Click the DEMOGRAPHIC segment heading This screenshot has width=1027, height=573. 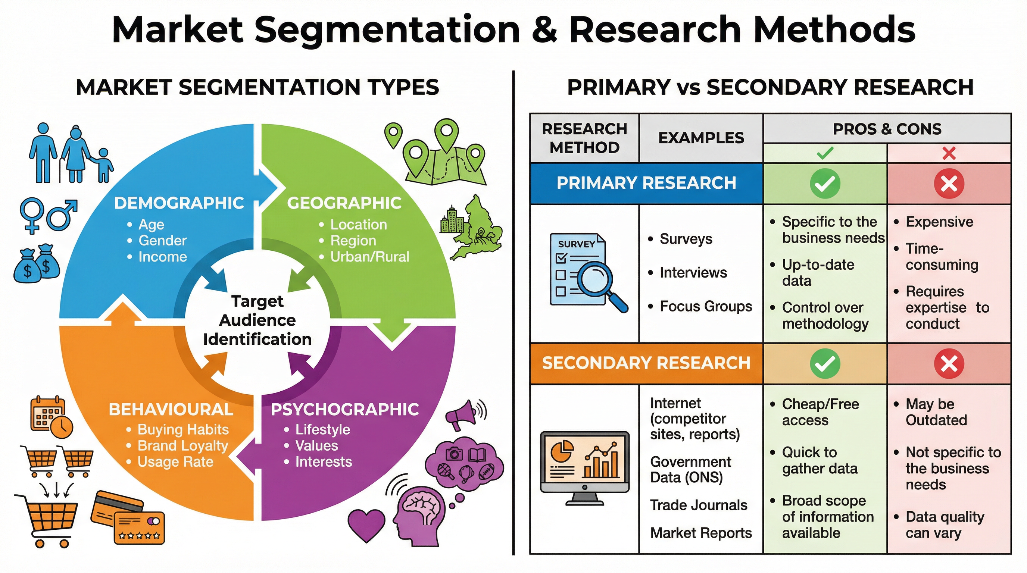179,203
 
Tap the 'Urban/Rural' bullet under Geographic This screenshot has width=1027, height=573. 369,257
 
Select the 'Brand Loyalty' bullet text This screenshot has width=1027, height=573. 182,445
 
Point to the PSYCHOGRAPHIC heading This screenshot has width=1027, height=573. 345,409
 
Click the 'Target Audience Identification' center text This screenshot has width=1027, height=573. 257,320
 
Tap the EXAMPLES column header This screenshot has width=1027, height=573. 701,138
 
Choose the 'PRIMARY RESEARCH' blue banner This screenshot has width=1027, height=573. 646,183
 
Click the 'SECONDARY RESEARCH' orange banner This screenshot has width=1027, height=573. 646,363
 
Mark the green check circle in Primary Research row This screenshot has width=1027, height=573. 825,184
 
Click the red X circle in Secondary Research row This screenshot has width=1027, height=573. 949,363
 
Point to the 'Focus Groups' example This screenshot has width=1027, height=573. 706,306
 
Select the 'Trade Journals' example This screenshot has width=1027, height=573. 699,505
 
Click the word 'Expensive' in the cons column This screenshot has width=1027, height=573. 939,222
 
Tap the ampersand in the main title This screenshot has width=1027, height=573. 544,30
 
